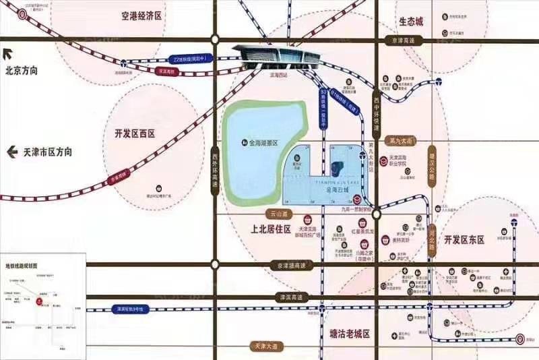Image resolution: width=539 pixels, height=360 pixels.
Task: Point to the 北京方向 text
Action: point(22,70)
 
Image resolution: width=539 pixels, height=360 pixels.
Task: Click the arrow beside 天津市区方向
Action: point(11,152)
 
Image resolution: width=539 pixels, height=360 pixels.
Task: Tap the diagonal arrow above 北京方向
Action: point(9,55)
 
